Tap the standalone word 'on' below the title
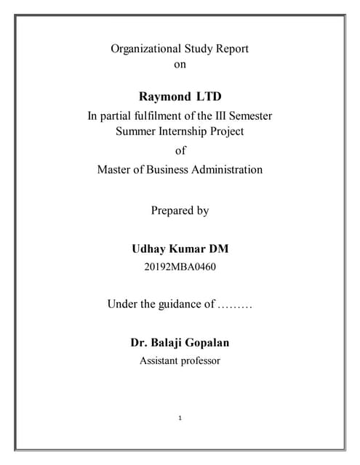[180, 65]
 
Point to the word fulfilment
[167, 116]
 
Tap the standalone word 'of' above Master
[180, 151]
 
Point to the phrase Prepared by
[180, 211]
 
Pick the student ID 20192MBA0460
[180, 267]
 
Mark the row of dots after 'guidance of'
[235, 304]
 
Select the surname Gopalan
[207, 341]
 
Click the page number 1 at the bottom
[180, 418]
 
